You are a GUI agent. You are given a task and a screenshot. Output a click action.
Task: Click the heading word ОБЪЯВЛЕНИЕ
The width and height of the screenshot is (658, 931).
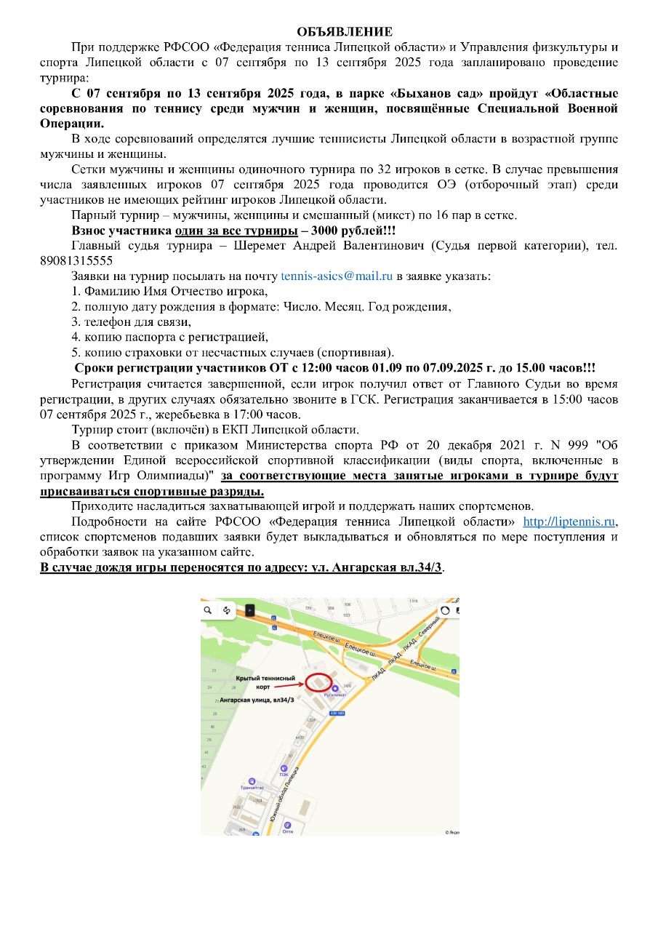tap(345, 31)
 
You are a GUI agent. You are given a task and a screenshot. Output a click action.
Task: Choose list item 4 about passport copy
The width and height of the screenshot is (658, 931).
tap(169, 337)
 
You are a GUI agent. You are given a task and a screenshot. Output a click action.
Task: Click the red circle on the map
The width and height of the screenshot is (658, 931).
tap(318, 682)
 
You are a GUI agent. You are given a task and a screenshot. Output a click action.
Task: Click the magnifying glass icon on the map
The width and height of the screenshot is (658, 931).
tap(209, 610)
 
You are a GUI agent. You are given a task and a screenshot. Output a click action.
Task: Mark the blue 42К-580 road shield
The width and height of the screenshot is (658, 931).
tap(337, 713)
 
